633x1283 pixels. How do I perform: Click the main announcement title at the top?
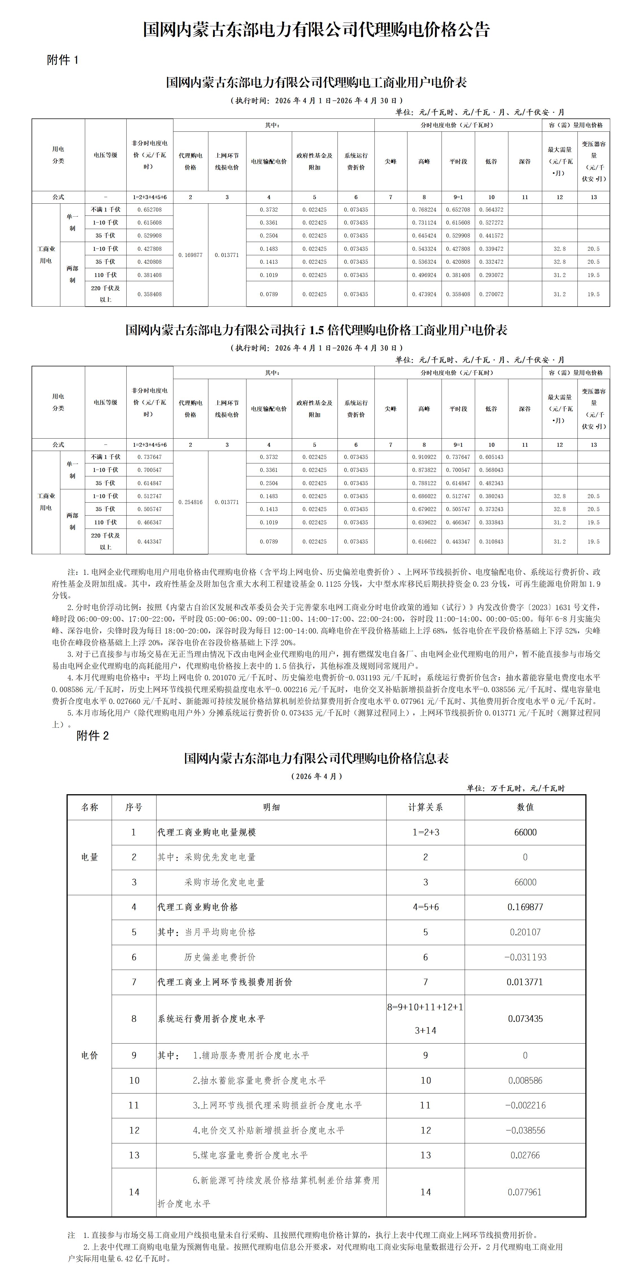(x=316, y=29)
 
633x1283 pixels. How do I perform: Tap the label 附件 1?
(x=63, y=60)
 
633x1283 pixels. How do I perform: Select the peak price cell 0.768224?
(x=424, y=210)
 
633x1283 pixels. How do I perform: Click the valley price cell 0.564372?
(x=491, y=210)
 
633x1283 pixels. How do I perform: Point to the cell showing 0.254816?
(x=190, y=502)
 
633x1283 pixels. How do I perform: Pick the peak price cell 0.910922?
(x=424, y=457)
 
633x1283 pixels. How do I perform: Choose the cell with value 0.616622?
(x=424, y=542)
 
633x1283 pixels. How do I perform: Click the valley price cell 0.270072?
(x=491, y=294)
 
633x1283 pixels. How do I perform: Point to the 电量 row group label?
(x=90, y=857)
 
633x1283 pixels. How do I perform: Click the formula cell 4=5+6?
(x=425, y=907)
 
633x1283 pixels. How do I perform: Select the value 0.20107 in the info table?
(x=525, y=932)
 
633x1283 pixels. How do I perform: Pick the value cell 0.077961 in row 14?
(x=525, y=1192)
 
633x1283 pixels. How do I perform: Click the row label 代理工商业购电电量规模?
(x=207, y=832)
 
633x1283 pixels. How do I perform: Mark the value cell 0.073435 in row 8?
(x=525, y=1018)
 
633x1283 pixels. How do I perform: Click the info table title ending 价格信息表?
(x=316, y=758)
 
